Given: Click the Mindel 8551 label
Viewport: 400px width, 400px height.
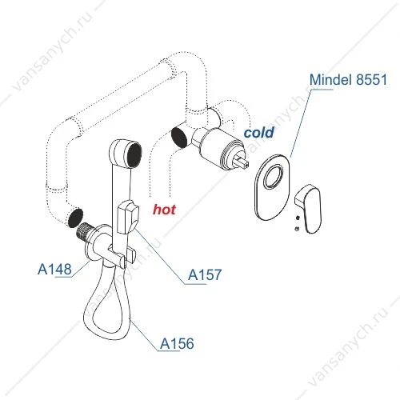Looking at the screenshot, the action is pyautogui.click(x=348, y=79).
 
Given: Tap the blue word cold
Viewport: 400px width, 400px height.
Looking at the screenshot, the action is pyautogui.click(x=259, y=132).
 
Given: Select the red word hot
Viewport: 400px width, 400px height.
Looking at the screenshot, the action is pyautogui.click(x=164, y=210).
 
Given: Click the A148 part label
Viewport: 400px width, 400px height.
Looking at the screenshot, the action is pyautogui.click(x=54, y=269).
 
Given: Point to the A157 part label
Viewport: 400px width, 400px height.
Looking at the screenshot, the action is pyautogui.click(x=205, y=274).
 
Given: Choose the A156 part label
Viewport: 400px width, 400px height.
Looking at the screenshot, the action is pyautogui.click(x=177, y=343).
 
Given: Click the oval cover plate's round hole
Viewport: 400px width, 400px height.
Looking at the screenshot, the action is pyautogui.click(x=274, y=177).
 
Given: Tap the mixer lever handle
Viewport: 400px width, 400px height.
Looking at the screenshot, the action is pyautogui.click(x=309, y=209).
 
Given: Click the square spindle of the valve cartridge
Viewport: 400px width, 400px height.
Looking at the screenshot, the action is pyautogui.click(x=242, y=162).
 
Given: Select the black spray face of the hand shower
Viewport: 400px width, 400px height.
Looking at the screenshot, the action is pyautogui.click(x=134, y=155).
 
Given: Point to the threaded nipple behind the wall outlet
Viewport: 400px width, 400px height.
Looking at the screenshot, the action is pyautogui.click(x=84, y=231).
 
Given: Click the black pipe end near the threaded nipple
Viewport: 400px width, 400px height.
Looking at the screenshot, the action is pyautogui.click(x=75, y=218).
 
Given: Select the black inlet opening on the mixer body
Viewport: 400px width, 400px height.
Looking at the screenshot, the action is pyautogui.click(x=179, y=137).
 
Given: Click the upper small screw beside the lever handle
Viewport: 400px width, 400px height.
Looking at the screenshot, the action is pyautogui.click(x=298, y=218).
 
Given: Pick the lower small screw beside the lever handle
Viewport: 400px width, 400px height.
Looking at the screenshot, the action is pyautogui.click(x=297, y=229).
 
